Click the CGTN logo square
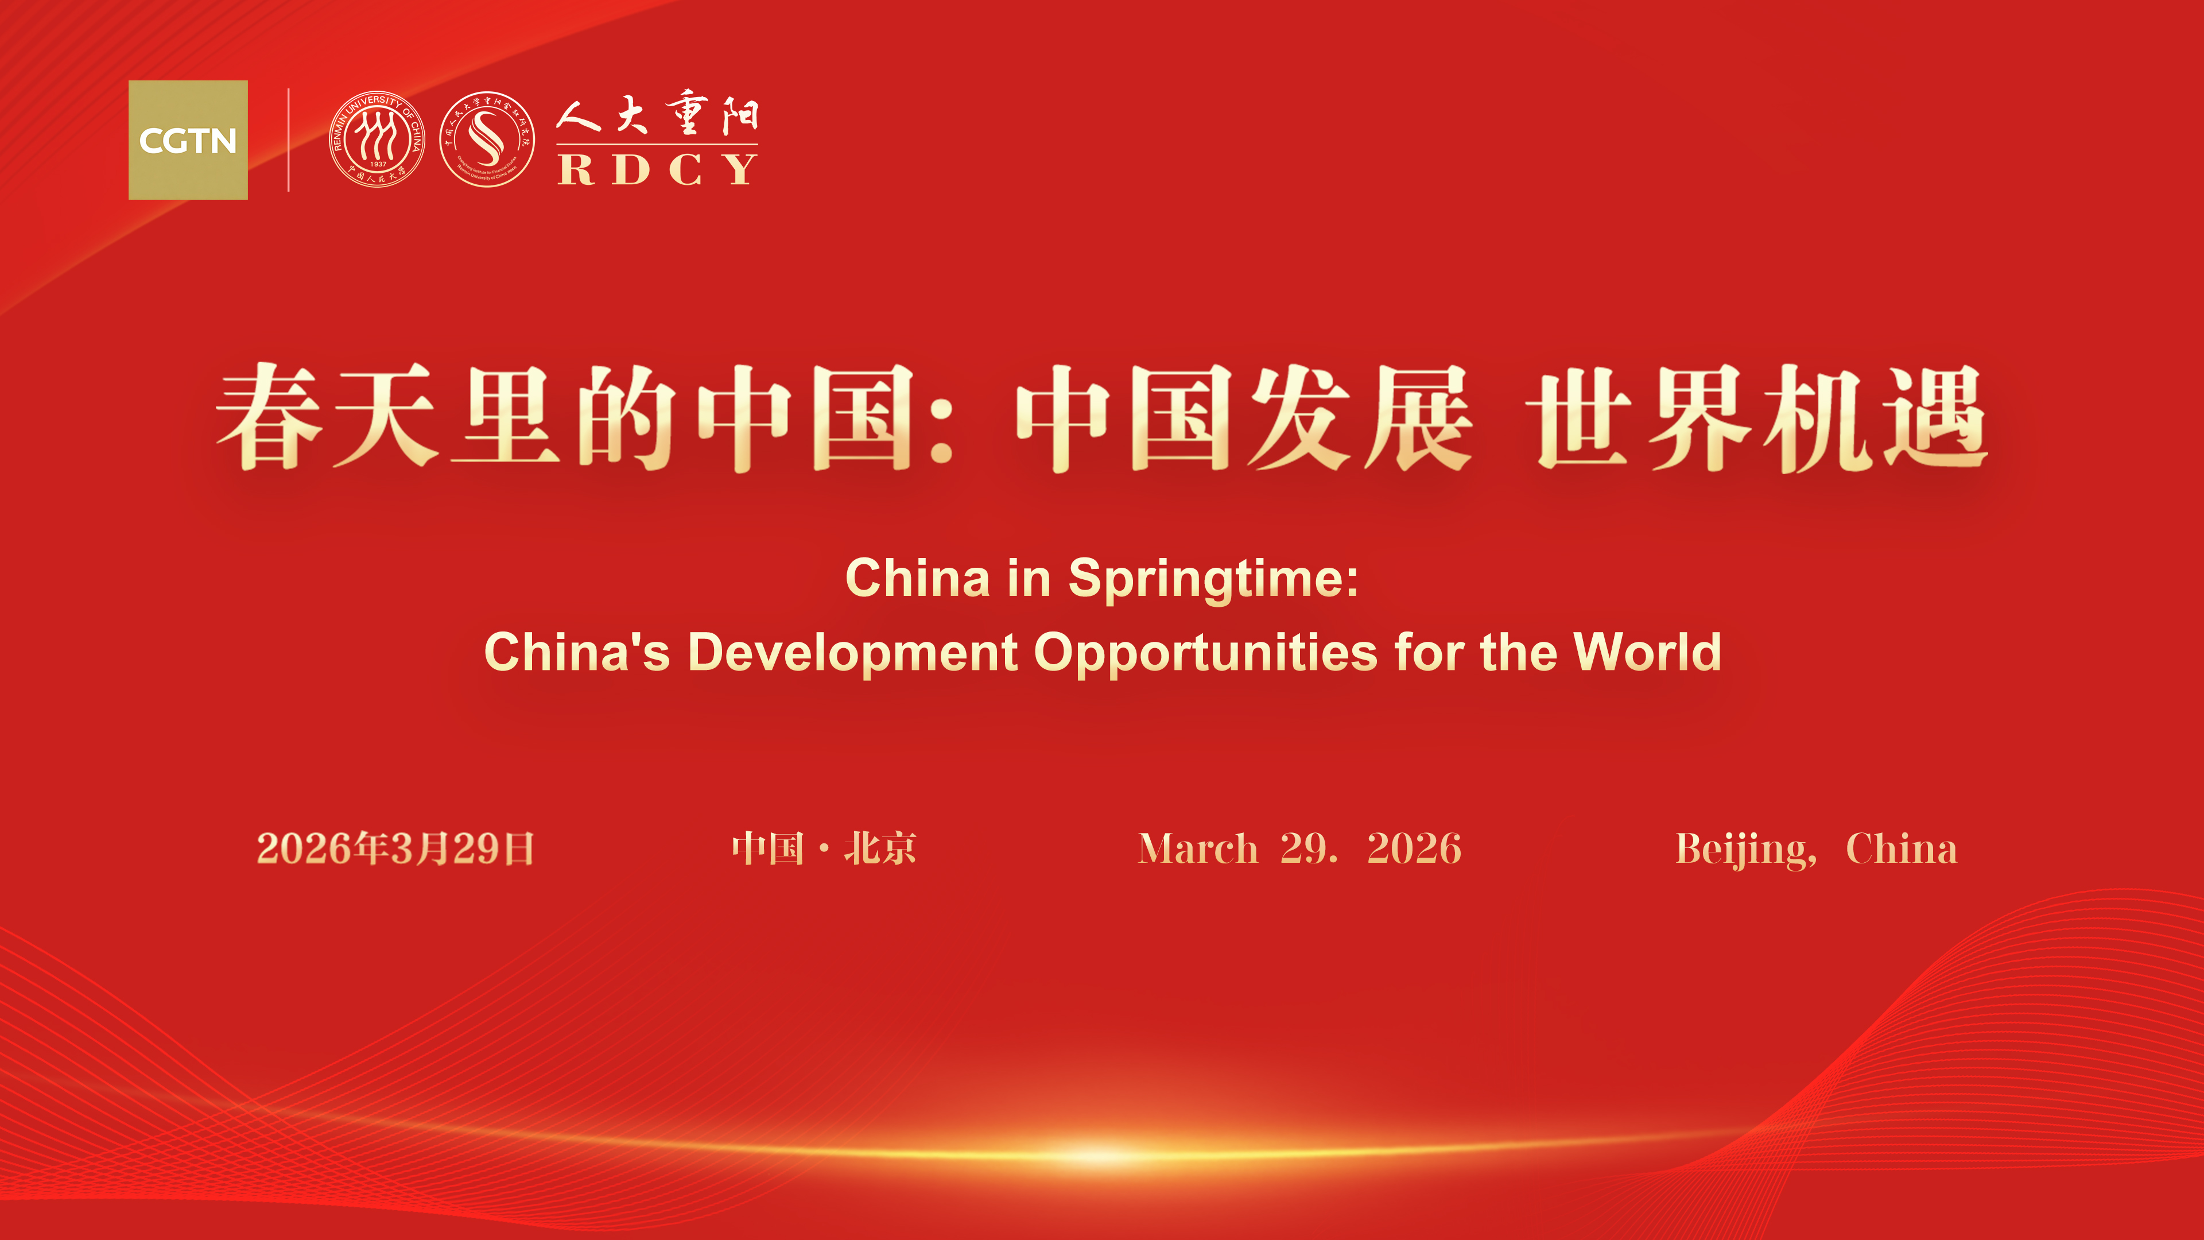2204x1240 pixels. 187,139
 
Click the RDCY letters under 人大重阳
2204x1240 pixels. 657,169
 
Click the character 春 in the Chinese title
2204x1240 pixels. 270,417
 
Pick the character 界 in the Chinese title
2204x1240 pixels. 1698,417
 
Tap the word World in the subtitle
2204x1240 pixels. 1647,652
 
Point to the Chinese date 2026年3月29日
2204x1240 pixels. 395,849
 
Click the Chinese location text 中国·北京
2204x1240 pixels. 823,849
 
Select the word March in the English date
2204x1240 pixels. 1198,849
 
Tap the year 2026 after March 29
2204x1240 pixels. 1414,849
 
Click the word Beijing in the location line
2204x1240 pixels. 1745,850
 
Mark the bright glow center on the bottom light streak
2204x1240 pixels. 1104,1155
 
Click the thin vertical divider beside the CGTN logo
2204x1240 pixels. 288,139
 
